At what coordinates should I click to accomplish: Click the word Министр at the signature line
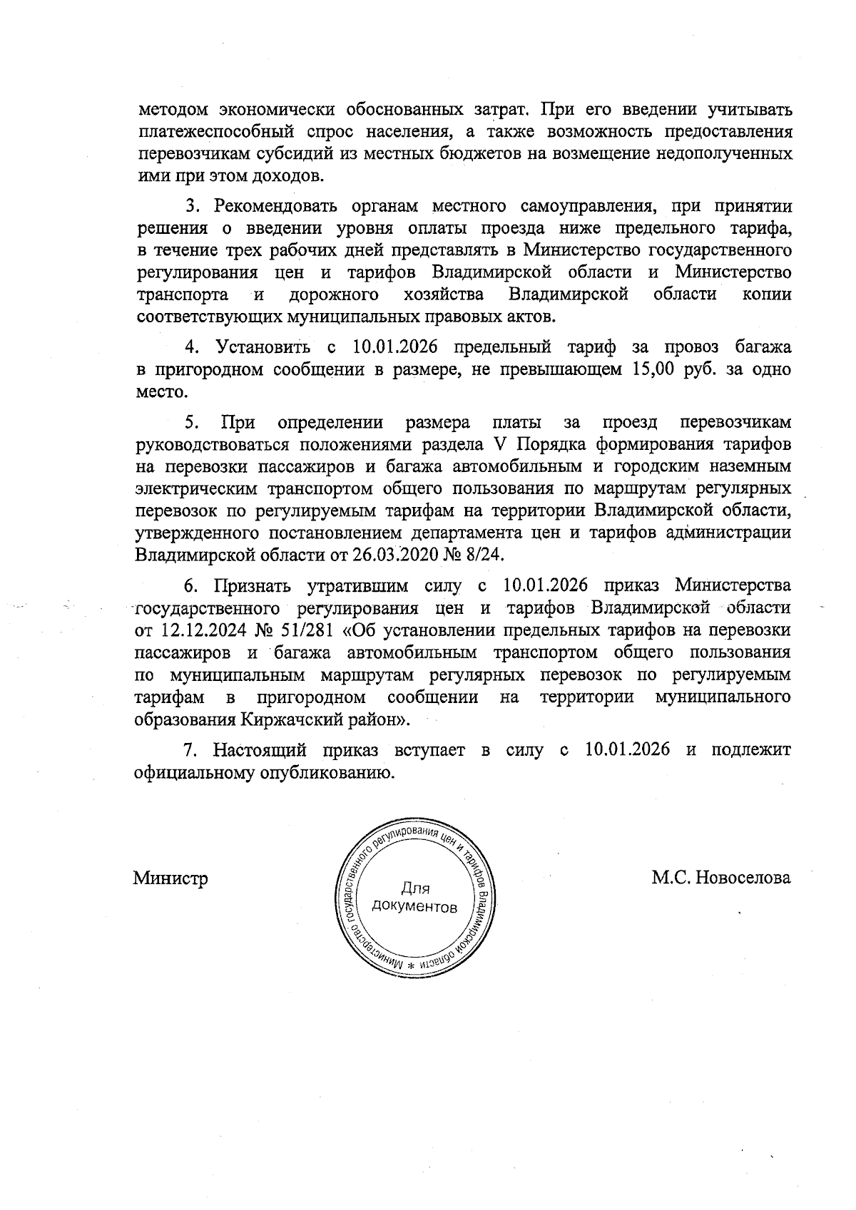[x=170, y=878]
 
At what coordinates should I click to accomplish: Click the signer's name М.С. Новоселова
[x=720, y=877]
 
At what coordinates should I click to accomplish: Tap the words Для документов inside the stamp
[x=415, y=898]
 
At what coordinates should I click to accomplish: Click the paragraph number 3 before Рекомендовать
[x=190, y=206]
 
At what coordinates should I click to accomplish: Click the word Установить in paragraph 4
[x=263, y=347]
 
